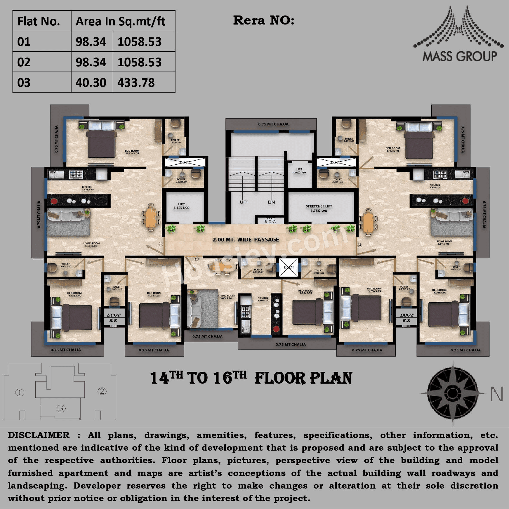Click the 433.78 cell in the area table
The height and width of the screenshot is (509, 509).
[x=136, y=83]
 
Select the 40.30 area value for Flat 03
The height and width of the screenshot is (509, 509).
[x=91, y=83]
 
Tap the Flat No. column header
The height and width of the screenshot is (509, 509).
[x=39, y=21]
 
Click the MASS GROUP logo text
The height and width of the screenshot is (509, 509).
[x=459, y=56]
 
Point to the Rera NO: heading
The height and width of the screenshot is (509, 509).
[x=263, y=20]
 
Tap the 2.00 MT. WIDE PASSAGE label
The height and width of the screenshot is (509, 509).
[x=246, y=240]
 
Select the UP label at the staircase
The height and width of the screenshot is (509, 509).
[x=243, y=202]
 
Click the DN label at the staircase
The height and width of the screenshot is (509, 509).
[x=271, y=202]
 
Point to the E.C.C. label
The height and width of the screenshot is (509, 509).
[x=270, y=221]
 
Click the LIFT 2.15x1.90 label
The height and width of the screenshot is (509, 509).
[x=181, y=206]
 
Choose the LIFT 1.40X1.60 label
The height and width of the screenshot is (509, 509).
[x=299, y=171]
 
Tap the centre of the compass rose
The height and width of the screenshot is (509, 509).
[x=452, y=393]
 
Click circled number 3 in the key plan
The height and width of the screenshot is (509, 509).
[x=61, y=408]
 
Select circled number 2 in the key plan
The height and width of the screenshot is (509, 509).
[x=102, y=391]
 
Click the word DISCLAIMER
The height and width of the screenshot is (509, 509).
[x=39, y=435]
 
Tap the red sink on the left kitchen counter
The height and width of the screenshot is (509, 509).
[x=54, y=201]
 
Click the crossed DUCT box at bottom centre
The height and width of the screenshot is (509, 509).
[x=289, y=267]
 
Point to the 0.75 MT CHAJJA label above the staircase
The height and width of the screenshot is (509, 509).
[x=273, y=124]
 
